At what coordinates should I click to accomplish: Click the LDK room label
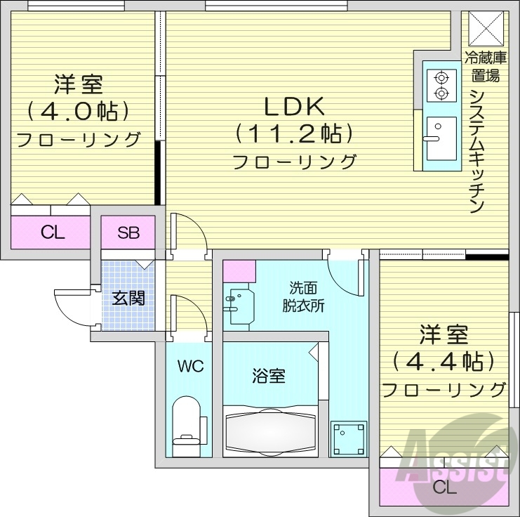[x=293, y=107]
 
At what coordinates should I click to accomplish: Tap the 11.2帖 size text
[x=293, y=133]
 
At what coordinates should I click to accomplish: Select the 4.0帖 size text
[x=77, y=111]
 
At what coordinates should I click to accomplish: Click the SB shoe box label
[x=128, y=233]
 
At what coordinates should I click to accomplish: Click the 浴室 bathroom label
[x=269, y=376]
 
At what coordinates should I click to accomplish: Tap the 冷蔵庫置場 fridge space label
[x=485, y=65]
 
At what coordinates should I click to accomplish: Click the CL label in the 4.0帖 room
[x=51, y=233]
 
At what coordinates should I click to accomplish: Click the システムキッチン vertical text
[x=478, y=150]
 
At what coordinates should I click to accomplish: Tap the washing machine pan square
[x=349, y=438]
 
